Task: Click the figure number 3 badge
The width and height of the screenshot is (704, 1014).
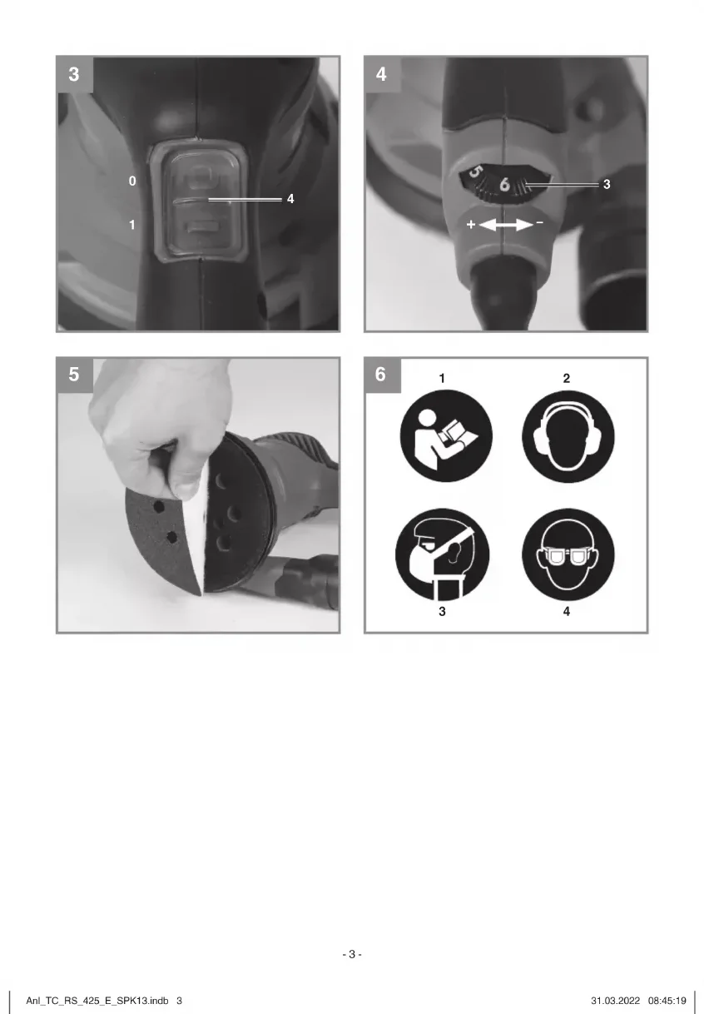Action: (75, 74)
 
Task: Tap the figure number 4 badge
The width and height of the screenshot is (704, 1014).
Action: (382, 74)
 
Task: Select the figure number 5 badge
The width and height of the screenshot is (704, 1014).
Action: (75, 375)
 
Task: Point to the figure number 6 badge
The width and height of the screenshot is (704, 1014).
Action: (382, 375)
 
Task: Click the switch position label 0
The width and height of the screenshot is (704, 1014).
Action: (132, 181)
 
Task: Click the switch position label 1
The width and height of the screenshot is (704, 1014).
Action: (132, 225)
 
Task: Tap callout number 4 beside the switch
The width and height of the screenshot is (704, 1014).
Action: (290, 199)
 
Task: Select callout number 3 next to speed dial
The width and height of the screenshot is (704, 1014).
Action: (607, 184)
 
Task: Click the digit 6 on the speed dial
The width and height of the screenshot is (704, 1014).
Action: (505, 184)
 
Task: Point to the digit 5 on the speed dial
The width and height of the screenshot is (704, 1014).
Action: (475, 172)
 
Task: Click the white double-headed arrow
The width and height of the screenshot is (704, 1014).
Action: (505, 225)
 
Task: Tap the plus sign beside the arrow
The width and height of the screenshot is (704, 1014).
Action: (471, 224)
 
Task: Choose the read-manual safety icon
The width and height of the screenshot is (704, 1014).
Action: (446, 436)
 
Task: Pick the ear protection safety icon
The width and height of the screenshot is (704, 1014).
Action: (568, 436)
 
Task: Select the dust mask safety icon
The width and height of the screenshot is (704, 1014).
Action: (443, 555)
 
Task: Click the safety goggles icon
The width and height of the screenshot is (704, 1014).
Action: (568, 555)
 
